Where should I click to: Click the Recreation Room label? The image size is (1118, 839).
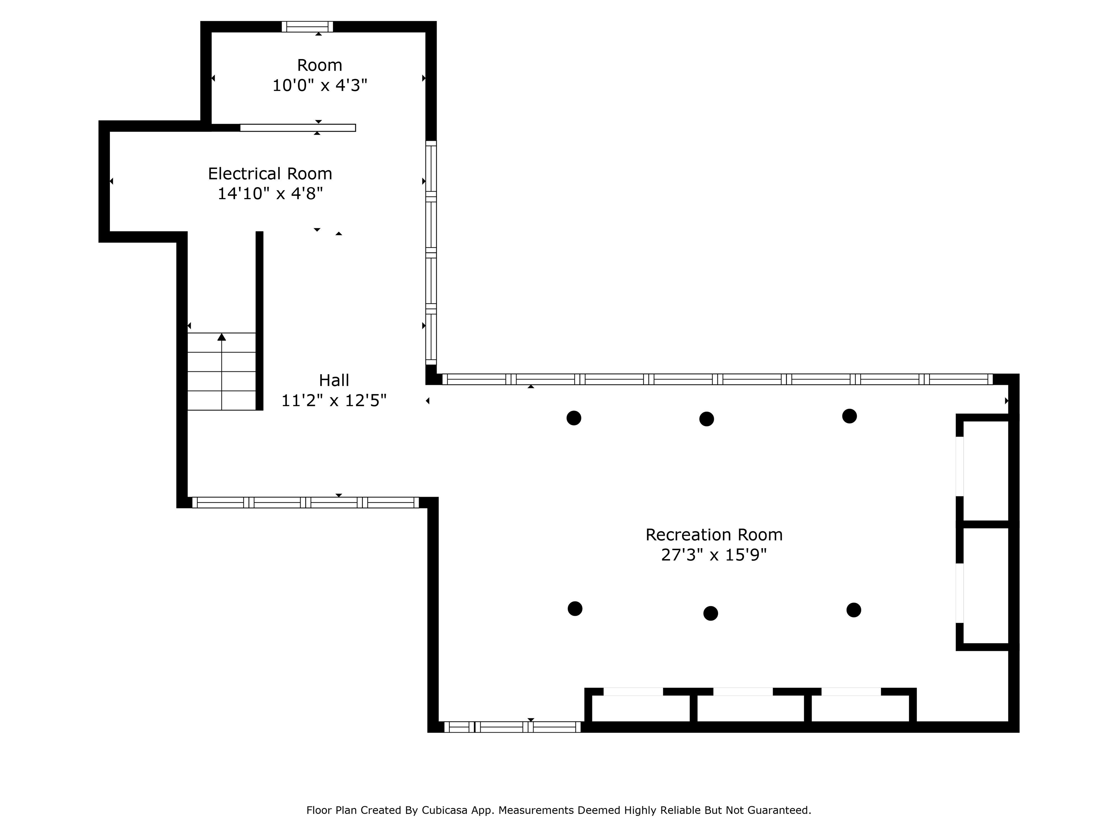click(x=714, y=535)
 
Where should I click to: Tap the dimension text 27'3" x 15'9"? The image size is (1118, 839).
click(x=714, y=555)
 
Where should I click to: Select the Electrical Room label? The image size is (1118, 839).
click(x=270, y=173)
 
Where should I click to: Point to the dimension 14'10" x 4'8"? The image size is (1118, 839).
click(x=270, y=193)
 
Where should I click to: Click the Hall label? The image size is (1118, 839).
click(x=334, y=380)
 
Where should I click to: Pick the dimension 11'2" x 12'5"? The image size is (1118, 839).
click(x=334, y=401)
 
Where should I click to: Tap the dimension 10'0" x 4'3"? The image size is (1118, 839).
click(x=320, y=85)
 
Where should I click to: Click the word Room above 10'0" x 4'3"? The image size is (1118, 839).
click(x=320, y=65)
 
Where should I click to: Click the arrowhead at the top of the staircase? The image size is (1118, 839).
click(x=221, y=337)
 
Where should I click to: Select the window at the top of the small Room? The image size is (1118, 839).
click(x=307, y=26)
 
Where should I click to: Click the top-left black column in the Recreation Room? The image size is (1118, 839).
click(x=574, y=418)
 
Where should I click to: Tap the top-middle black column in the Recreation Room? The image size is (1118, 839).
click(x=707, y=419)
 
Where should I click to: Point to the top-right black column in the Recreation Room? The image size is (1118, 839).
click(x=850, y=416)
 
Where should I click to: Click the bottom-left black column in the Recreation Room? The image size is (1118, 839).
click(x=575, y=608)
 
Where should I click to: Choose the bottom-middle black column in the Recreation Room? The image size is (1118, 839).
click(x=711, y=613)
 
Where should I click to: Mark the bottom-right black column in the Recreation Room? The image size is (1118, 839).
click(x=854, y=610)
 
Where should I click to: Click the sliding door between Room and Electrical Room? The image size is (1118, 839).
click(x=298, y=128)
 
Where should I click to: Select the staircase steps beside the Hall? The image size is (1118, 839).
click(x=221, y=371)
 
